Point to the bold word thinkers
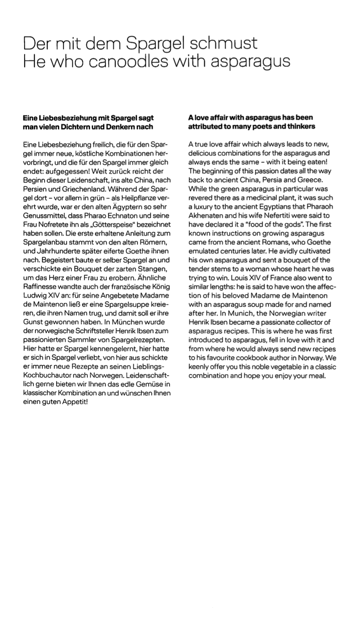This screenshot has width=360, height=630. point(298,127)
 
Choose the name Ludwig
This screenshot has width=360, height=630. point(34,296)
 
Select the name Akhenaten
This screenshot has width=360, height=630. point(205,215)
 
